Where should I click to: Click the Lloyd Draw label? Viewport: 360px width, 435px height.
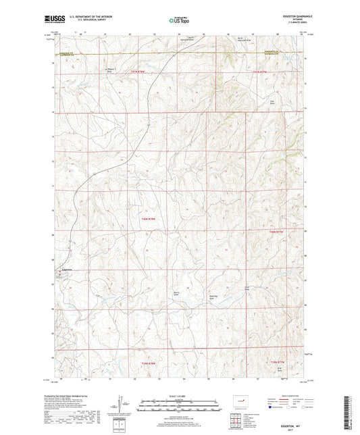(272, 102)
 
